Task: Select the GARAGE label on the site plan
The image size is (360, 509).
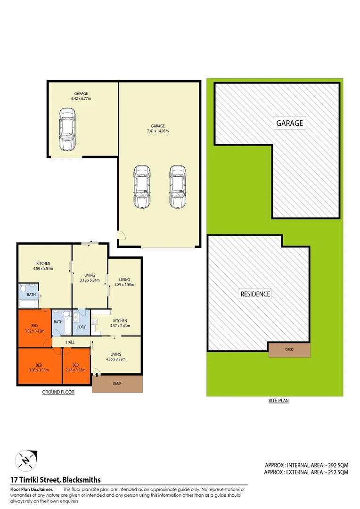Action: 289,123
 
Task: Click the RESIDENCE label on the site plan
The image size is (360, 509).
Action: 255,294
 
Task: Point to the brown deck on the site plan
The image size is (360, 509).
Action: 289,350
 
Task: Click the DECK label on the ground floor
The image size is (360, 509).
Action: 117,383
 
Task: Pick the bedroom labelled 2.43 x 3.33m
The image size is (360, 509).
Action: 76,367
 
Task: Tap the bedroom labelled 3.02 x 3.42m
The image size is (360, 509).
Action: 35,328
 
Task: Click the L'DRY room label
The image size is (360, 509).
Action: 81,327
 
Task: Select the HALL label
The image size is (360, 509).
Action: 70,342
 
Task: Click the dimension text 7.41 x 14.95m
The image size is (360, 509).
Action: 158,131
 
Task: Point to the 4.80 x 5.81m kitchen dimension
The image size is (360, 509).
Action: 43,269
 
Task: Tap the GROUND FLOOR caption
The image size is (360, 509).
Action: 58,392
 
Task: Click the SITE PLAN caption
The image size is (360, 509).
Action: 278,401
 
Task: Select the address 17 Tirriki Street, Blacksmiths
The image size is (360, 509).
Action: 56,480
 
